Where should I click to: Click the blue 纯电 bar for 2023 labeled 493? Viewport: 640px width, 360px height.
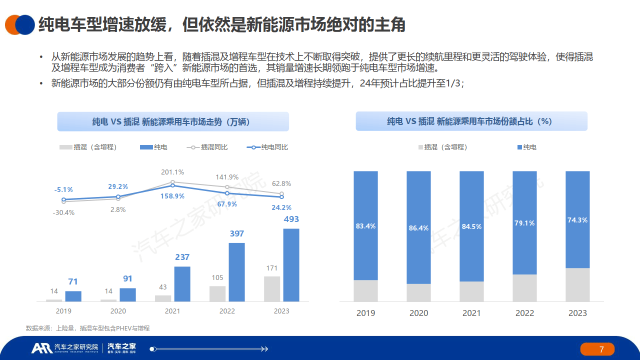(x=291, y=265)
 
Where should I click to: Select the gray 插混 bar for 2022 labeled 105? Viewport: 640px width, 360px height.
(x=217, y=293)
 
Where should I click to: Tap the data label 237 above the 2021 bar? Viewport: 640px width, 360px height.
(x=182, y=257)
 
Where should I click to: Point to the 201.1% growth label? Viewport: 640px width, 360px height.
(x=172, y=172)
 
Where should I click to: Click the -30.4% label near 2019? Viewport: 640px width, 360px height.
(x=63, y=212)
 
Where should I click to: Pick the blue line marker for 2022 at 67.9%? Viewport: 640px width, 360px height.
(x=227, y=193)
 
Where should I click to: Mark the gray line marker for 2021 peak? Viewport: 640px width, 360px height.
(x=172, y=182)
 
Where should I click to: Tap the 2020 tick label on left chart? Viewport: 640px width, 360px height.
(x=118, y=311)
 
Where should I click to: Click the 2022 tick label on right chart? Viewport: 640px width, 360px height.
(x=524, y=313)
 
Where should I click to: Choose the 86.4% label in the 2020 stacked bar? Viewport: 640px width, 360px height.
(x=418, y=228)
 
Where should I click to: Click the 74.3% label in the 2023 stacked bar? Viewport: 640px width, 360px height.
(x=577, y=220)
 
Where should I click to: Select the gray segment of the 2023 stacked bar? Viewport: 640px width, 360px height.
(x=577, y=284)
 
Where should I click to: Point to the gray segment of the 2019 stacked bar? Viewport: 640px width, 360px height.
(x=365, y=290)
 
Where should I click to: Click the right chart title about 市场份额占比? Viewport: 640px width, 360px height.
(x=471, y=121)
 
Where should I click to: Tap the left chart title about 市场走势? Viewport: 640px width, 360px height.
(x=173, y=121)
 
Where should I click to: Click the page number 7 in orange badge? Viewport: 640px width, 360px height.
(x=601, y=349)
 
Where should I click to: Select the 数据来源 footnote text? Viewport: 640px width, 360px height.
(x=88, y=328)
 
